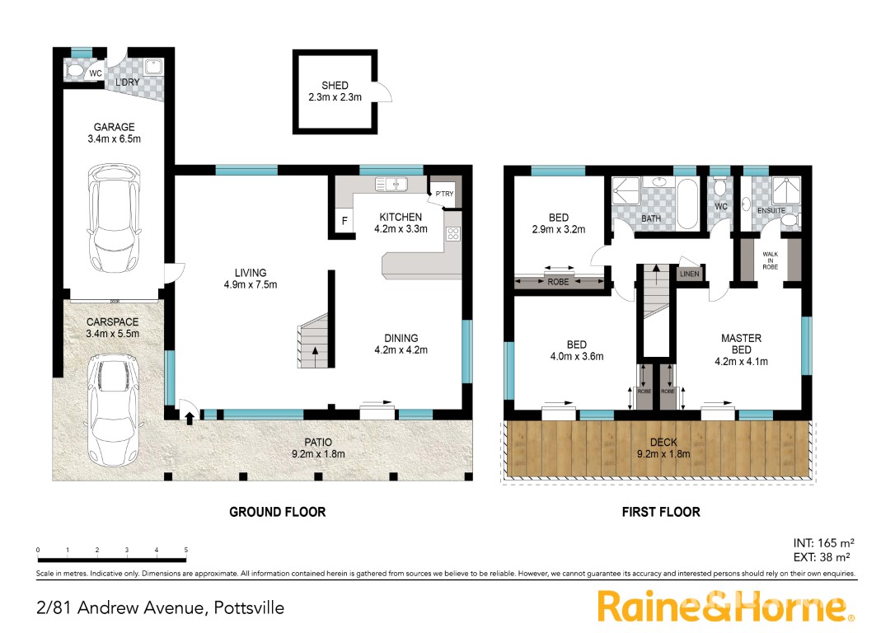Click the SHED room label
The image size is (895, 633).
pos(335,85)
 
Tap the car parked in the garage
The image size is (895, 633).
pos(115,220)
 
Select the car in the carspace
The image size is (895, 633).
pos(114,410)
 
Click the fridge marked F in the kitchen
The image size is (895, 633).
pos(344,220)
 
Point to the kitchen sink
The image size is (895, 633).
pos(391,184)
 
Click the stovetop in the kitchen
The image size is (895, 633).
pos(453,233)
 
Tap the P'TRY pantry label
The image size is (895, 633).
pos(445,194)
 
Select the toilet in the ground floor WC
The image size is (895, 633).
pos(75,72)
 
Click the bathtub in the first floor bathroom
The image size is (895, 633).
pos(687,204)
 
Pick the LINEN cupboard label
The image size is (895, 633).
pos(690,274)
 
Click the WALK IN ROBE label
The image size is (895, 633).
pos(770,260)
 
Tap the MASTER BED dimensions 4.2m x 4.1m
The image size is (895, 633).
pos(741,361)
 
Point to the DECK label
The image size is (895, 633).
pos(663,442)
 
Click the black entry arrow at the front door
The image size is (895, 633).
pos(189,419)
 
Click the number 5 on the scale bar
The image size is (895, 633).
pos(186,551)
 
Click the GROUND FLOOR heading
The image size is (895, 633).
pos(278,512)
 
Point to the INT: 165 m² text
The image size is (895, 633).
pos(823,543)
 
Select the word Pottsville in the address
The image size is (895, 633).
pos(249,608)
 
